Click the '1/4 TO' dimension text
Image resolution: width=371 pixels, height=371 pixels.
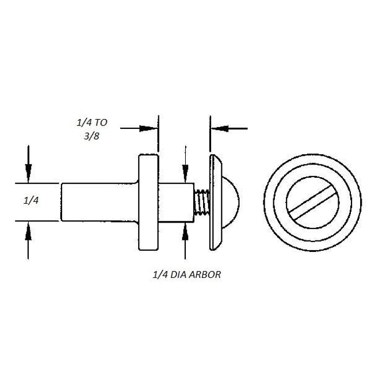pos(92,123)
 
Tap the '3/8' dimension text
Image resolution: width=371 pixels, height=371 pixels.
pos(91,136)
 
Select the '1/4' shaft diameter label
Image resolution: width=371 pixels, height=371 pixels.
pos(31,201)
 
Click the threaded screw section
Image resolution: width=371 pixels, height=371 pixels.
pos(202,202)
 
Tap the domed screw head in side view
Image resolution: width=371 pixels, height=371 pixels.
pos(231,202)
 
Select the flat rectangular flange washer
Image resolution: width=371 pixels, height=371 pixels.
pos(148,202)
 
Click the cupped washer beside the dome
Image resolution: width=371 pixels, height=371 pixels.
pos(216,202)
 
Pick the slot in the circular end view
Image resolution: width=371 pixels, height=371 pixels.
pos(312,202)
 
